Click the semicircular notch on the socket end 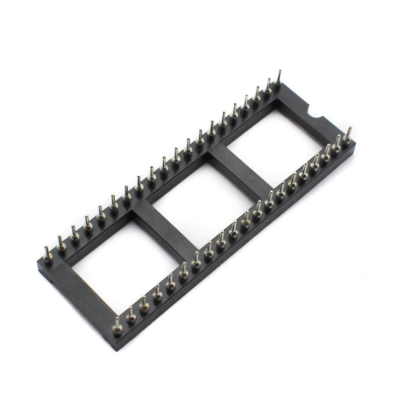(x=317, y=115)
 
